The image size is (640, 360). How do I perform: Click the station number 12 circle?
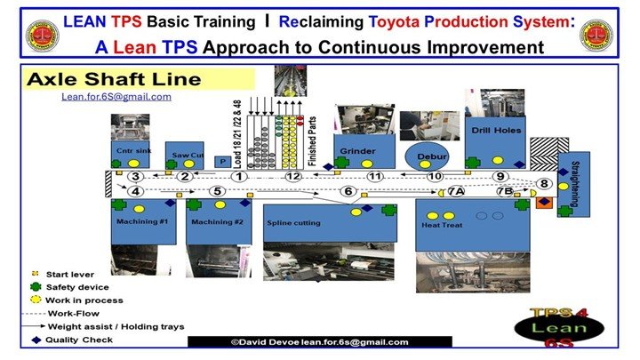coord(294,177)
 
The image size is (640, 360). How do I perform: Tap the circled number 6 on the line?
coord(348,191)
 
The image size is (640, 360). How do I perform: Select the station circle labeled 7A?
coord(456,191)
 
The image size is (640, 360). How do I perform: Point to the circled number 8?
coord(545,184)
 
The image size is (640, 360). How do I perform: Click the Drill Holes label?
coord(498,131)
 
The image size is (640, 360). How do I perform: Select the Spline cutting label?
coord(293,222)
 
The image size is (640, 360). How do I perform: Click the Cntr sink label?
coord(131,151)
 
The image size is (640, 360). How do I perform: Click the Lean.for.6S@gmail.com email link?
coord(116,96)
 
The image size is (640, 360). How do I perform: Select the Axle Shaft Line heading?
coord(114,79)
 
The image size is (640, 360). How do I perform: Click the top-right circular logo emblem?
coord(596,35)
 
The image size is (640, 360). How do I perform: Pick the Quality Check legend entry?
coord(68,339)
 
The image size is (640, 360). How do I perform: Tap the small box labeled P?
coord(222,161)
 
